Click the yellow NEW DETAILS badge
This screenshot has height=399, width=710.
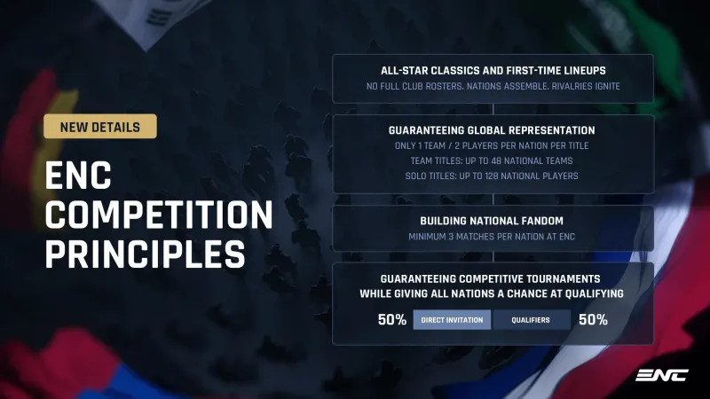coord(100,126)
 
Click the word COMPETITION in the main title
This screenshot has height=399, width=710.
coord(159,215)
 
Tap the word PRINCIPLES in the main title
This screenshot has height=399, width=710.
coord(145,254)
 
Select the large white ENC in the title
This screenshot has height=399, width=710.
coord(78,176)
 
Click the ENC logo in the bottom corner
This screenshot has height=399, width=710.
coord(661,375)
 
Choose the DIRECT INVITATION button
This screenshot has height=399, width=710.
coord(452,320)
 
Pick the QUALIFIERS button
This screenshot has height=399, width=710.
coord(531,320)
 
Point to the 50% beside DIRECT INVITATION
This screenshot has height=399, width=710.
coord(392,320)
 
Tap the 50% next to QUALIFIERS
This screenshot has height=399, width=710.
coord(593,320)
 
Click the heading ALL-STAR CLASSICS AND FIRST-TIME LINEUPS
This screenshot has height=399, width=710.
coord(493,71)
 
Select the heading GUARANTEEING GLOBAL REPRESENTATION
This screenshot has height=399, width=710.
coord(492,130)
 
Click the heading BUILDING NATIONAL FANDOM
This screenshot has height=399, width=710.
coord(492,221)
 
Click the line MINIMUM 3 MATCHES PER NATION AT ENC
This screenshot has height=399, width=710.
coord(492,237)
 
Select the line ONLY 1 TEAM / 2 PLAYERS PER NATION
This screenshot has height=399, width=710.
coord(492,145)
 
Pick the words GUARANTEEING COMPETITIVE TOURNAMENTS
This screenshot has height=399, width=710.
coord(491,278)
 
